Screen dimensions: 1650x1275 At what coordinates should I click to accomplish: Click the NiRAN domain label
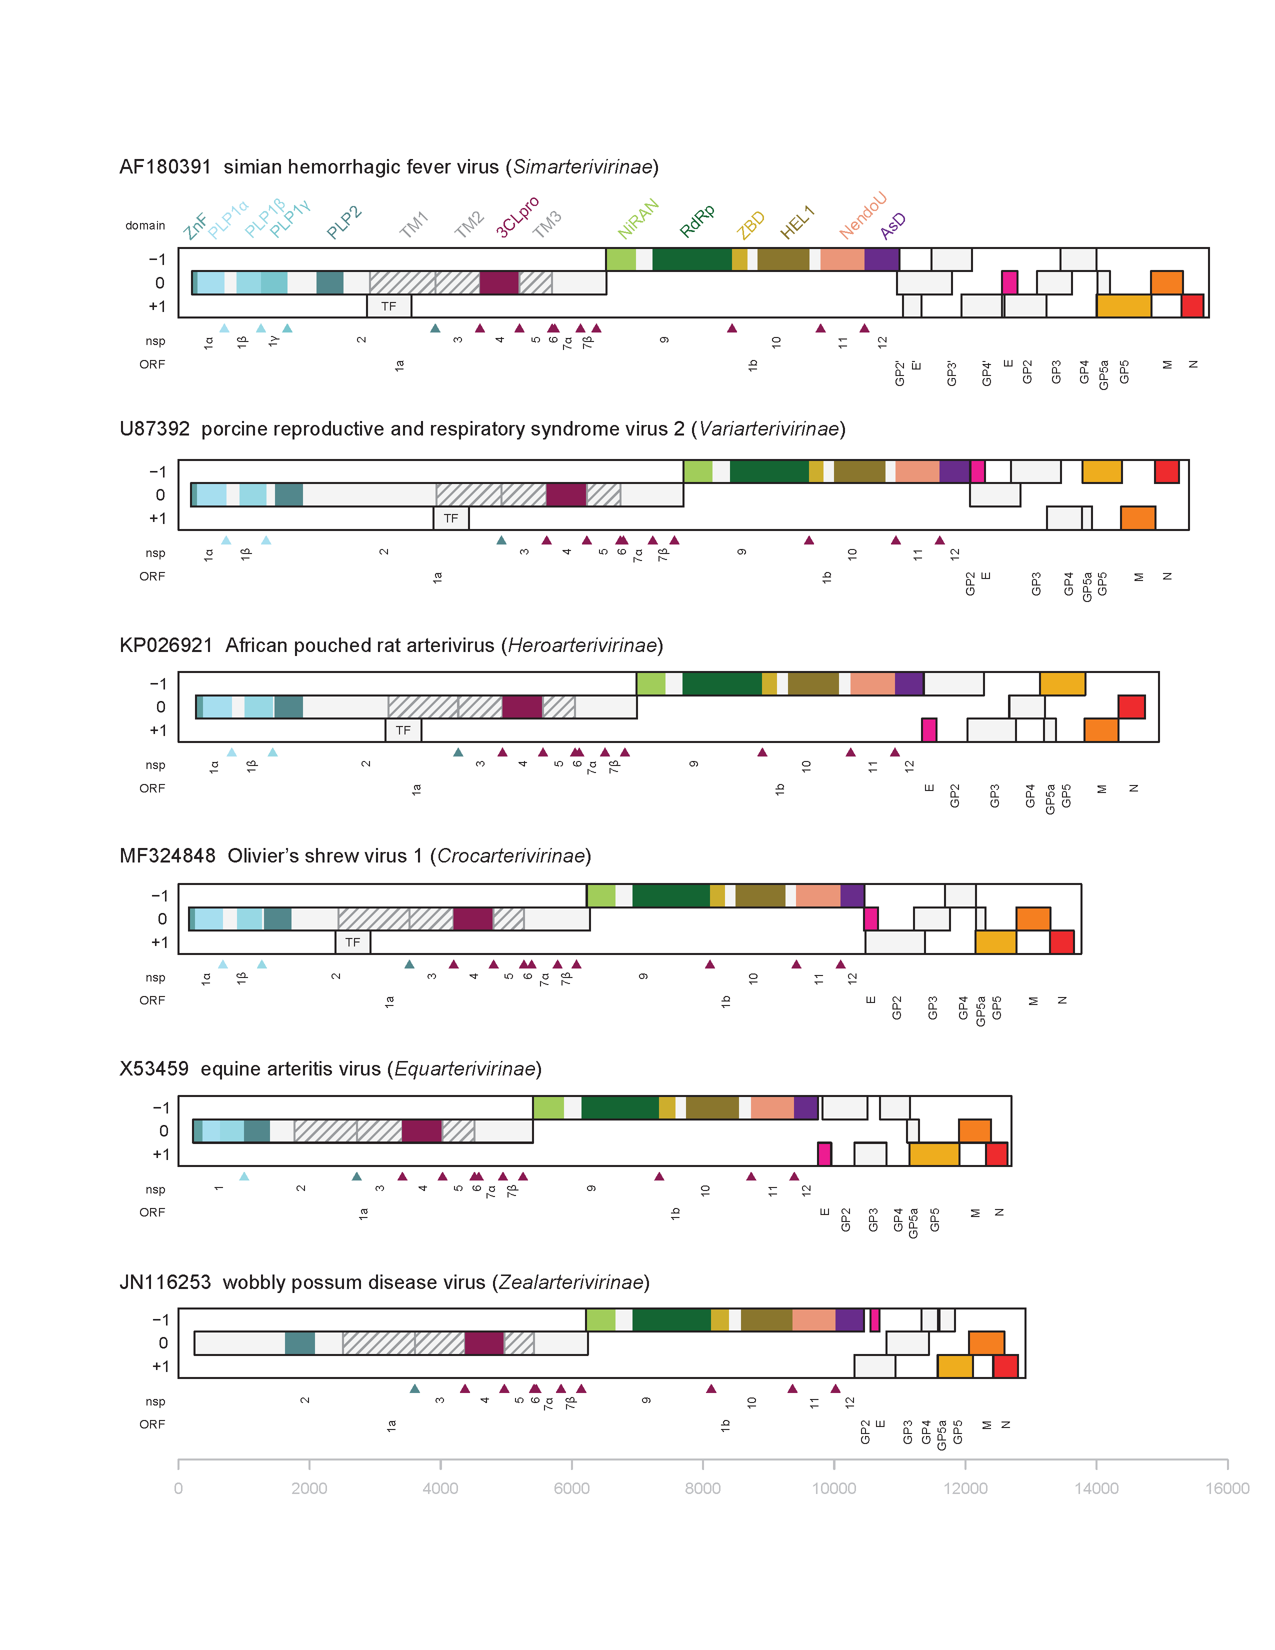[x=638, y=218]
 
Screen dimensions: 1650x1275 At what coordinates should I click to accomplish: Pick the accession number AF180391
[x=164, y=167]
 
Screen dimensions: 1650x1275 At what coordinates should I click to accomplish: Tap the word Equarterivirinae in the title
[x=464, y=1069]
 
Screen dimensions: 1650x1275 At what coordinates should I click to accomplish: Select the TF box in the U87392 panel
[x=451, y=518]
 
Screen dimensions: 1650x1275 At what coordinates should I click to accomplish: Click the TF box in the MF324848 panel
[x=352, y=942]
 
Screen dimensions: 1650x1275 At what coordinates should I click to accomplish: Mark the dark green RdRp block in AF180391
[x=692, y=259]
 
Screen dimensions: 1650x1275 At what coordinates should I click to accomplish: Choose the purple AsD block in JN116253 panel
[x=849, y=1320]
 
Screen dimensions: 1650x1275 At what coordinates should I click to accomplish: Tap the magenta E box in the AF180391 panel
[x=1009, y=282]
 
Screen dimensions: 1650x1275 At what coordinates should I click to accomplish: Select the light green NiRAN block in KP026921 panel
[x=651, y=683]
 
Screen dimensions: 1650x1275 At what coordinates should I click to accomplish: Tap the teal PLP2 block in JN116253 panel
[x=300, y=1343]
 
